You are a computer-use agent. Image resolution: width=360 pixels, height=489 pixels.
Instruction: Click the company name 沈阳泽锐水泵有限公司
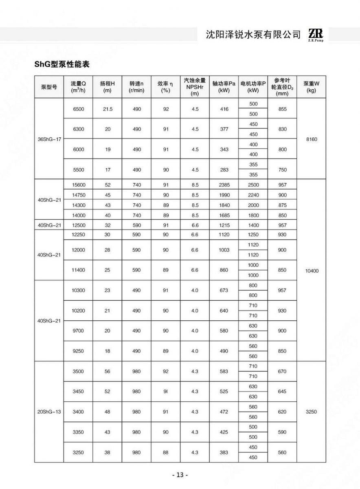tap(253, 35)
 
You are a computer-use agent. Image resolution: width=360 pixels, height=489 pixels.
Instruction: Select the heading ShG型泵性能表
tap(62, 64)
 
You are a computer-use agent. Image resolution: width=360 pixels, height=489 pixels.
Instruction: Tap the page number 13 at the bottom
tap(180, 475)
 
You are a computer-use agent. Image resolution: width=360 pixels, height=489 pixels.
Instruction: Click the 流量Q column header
tap(78, 87)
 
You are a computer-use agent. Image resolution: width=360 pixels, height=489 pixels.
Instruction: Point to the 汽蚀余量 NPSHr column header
tap(195, 87)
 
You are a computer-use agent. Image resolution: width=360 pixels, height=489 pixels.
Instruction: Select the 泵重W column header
tap(311, 87)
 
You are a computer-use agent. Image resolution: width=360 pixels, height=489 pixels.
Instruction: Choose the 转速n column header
tap(136, 87)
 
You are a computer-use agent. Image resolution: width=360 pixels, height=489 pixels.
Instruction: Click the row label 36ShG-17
tap(49, 139)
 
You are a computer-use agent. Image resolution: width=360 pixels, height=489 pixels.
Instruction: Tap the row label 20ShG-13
tap(49, 412)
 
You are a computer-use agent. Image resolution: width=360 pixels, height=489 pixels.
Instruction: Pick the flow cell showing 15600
tap(78, 185)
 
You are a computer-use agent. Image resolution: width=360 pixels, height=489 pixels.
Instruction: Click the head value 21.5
tap(108, 109)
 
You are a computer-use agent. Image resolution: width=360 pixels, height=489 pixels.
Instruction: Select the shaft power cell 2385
tap(224, 185)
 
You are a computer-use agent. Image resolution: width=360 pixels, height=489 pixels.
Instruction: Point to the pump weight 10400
tap(311, 270)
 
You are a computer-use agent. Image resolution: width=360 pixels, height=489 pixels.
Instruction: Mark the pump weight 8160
tap(311, 139)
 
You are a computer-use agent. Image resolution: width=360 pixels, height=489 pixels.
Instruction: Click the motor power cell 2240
tap(253, 195)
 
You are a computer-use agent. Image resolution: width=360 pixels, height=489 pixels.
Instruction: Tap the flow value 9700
tap(78, 331)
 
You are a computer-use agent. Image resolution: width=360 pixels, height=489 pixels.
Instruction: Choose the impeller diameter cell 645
tap(282, 392)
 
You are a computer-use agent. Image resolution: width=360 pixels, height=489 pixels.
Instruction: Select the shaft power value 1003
tap(224, 250)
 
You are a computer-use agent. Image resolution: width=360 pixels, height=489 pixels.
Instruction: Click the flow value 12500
tap(78, 225)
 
